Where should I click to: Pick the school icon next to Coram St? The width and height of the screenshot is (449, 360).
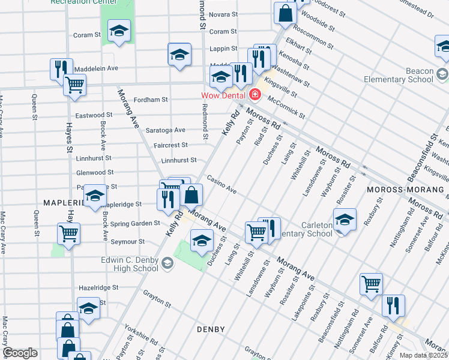[x=119, y=32]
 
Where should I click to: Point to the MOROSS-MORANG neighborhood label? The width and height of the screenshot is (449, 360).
[x=406, y=190]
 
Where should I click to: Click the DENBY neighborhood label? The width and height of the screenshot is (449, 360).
[x=210, y=329]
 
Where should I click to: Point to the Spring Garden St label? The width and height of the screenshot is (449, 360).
[x=135, y=223]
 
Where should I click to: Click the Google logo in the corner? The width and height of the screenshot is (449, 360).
[x=20, y=353]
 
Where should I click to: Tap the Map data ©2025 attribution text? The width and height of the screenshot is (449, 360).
[x=424, y=355]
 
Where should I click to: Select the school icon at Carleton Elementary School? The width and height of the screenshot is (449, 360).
[x=345, y=220]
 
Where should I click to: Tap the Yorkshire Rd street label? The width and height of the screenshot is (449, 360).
[x=141, y=335]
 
